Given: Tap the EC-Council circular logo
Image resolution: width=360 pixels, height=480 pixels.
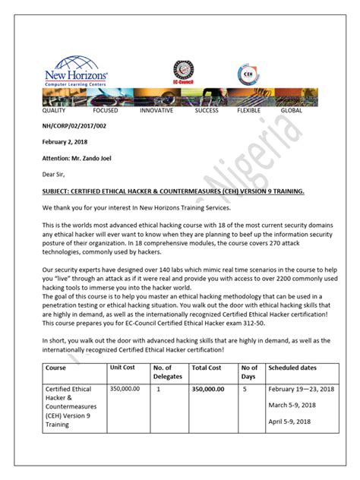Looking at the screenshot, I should (182, 73).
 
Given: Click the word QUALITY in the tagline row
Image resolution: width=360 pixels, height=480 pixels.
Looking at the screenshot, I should (54, 110).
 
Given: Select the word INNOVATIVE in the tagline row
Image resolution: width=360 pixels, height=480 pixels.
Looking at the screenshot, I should (156, 110).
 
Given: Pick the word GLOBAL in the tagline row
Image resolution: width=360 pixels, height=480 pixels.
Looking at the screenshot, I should (291, 110).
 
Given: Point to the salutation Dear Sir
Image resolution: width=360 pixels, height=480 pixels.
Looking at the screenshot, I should (55, 175).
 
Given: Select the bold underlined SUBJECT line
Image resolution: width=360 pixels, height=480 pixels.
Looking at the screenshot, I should (173, 191).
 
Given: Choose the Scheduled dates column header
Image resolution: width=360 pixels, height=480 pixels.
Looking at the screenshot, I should (291, 367).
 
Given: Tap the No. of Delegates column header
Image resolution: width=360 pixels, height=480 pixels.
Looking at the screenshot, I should (167, 371).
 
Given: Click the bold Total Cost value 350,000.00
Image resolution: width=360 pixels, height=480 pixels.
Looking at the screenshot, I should (208, 389).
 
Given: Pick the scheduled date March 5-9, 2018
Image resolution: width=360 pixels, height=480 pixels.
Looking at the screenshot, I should (291, 405).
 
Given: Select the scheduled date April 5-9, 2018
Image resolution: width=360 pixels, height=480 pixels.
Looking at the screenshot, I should (289, 422).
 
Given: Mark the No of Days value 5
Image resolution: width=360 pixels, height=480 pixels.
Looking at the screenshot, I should (245, 389).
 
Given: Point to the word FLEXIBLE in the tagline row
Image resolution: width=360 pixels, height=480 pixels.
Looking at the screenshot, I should (248, 110).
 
